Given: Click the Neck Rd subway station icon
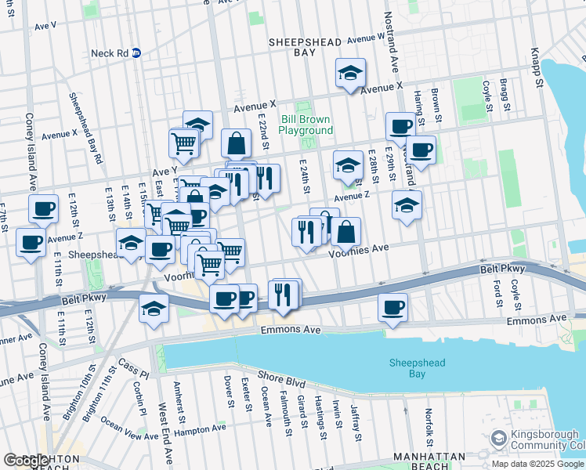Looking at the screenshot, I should pyautogui.click(x=136, y=53).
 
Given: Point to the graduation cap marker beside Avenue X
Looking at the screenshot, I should pyautogui.click(x=350, y=74).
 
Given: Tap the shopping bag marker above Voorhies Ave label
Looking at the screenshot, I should pyautogui.click(x=345, y=233).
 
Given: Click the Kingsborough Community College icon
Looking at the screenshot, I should pyautogui.click(x=497, y=438).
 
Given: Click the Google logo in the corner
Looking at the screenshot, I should pyautogui.click(x=26, y=461).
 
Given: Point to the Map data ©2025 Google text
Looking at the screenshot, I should pyautogui.click(x=537, y=464).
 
